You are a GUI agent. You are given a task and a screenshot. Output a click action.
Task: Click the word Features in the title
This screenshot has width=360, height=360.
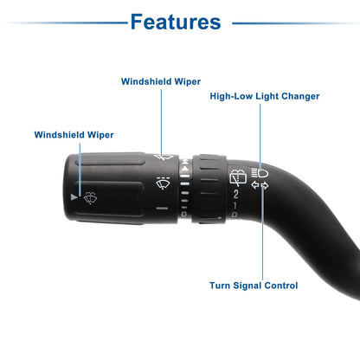(x=176, y=22)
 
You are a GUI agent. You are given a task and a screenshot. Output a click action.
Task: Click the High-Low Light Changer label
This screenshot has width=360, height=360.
(x=265, y=96)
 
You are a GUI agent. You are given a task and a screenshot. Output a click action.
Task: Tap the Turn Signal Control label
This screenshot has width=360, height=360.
(x=254, y=286)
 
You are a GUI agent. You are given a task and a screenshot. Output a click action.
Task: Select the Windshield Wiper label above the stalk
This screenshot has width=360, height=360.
(x=161, y=81)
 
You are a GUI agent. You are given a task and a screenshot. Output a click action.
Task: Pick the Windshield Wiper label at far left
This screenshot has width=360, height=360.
(x=74, y=135)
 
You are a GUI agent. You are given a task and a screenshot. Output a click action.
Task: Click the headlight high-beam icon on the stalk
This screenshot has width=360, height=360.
(x=260, y=173)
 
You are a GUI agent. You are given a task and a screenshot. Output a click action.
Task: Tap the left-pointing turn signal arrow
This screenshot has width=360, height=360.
(x=255, y=185)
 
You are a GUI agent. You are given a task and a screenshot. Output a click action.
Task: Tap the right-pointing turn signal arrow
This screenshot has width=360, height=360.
(x=265, y=186)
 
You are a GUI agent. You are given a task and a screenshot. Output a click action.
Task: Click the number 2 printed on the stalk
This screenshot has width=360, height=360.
(x=236, y=194)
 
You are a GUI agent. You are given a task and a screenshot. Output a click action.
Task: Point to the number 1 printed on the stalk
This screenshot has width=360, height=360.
(x=235, y=206)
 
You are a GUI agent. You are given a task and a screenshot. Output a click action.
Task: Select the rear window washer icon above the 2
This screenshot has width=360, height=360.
(x=238, y=177)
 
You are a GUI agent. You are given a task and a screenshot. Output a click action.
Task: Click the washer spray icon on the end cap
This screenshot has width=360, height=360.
(x=90, y=198)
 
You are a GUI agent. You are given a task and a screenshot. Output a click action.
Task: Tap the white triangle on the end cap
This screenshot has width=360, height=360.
(x=74, y=197)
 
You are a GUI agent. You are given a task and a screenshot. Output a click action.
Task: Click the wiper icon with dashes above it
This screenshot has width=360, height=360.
(x=163, y=183)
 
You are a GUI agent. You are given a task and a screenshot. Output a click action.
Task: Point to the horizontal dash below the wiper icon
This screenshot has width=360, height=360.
(x=162, y=208)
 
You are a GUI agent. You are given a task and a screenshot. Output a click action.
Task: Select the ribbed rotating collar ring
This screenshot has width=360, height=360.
(x=209, y=189)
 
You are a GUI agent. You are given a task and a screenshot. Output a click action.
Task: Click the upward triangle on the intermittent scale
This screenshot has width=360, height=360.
(x=185, y=168)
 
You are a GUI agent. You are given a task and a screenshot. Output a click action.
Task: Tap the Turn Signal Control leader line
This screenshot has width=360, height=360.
(x=263, y=233)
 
